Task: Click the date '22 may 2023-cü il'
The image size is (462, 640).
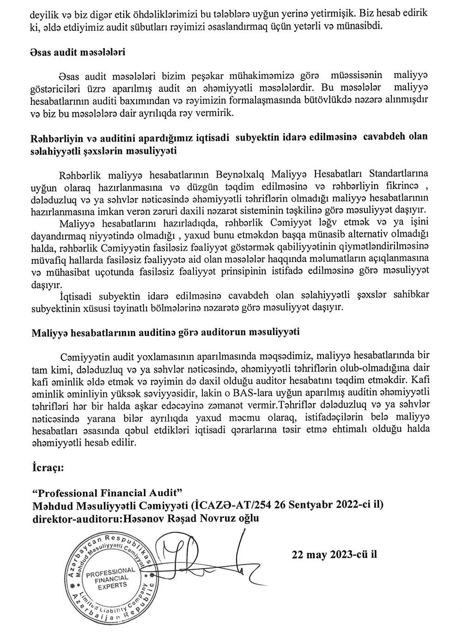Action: pos(335,554)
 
